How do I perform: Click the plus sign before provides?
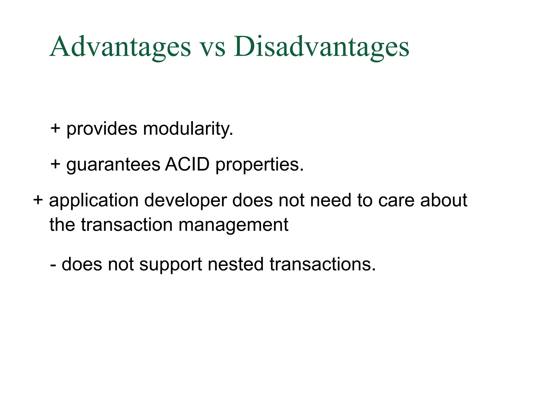pos(55,129)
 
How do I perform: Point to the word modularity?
pos(188,129)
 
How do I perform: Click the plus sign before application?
pos(38,200)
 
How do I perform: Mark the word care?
pos(396,201)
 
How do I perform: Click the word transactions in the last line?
pos(322,265)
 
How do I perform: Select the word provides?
pos(102,129)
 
